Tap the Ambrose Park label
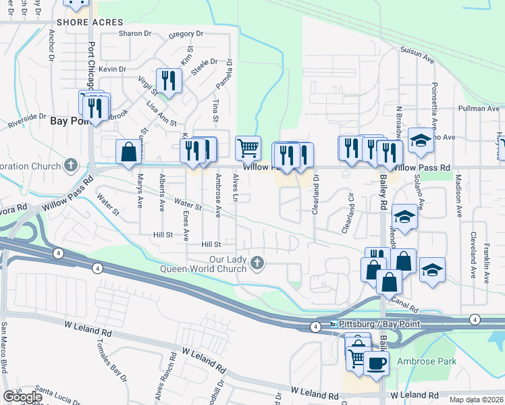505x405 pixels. click(426, 361)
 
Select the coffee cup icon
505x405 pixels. click(376, 362)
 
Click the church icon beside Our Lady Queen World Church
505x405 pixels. click(257, 263)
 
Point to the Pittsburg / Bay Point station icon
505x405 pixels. click(334, 325)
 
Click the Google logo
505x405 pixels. click(22, 397)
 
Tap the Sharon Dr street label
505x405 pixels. click(134, 34)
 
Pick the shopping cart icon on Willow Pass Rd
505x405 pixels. click(248, 147)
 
